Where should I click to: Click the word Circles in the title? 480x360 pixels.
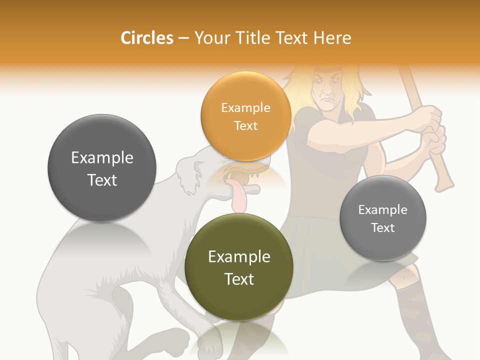[146, 38]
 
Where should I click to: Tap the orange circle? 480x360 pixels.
[245, 116]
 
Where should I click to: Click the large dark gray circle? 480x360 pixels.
[102, 168]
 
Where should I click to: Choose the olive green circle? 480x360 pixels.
[239, 267]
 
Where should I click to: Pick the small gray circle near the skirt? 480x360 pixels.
[382, 218]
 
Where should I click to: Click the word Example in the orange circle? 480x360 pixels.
[245, 107]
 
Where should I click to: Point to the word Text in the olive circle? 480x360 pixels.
[239, 279]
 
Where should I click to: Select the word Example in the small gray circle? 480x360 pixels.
[382, 209]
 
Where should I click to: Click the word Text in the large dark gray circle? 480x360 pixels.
[102, 180]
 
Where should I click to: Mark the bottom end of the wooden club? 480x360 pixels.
[444, 185]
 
